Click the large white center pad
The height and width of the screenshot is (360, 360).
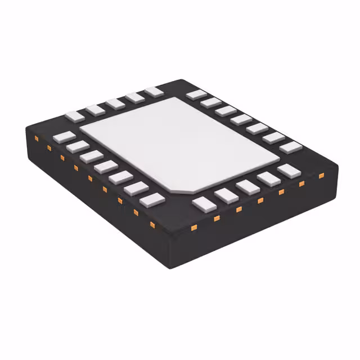tap(180, 143)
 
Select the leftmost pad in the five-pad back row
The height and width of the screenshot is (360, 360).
tap(74, 116)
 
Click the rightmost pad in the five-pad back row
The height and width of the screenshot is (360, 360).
tap(153, 91)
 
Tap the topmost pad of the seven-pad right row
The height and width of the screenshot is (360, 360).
tap(196, 94)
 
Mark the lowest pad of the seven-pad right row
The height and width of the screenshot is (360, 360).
tap(291, 147)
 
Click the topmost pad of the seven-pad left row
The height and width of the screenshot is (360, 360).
tap(64, 137)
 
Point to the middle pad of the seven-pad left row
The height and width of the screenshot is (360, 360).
tap(106, 167)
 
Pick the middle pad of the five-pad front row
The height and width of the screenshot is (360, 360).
tap(247, 187)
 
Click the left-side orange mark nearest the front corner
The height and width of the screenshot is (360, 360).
tap(152, 225)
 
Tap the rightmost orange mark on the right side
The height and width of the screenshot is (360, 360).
tap(321, 175)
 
